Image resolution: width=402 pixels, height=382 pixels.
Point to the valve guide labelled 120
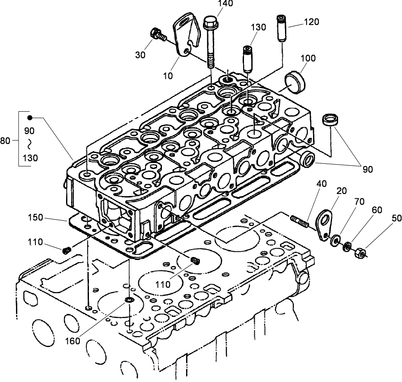click(x=281, y=28)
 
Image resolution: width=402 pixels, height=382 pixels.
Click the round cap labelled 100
click(x=295, y=81)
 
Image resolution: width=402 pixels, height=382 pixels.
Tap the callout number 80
click(x=5, y=140)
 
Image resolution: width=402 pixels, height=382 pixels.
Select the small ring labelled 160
click(x=129, y=299)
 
